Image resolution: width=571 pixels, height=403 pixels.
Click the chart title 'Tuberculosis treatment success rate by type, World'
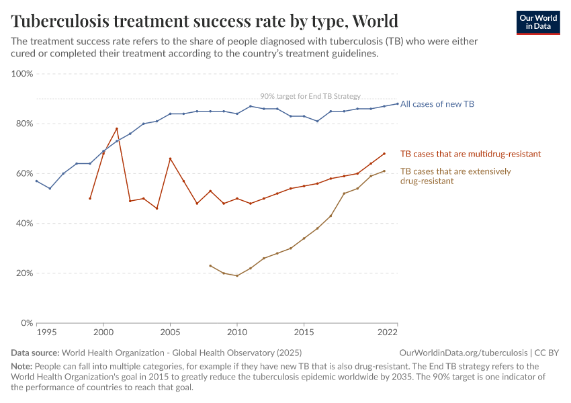[x=204, y=21]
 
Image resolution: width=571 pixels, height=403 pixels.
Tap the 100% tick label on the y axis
[x=22, y=74]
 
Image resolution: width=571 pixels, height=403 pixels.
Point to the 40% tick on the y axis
[x=24, y=224]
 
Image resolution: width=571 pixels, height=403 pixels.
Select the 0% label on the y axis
[x=27, y=323]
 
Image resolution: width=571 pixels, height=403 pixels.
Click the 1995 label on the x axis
[x=46, y=332]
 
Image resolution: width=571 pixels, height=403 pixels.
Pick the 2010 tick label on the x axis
[x=237, y=332]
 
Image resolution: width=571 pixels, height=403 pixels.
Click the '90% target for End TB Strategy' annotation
[x=310, y=96]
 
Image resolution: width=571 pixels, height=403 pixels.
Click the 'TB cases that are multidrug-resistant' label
[x=470, y=154]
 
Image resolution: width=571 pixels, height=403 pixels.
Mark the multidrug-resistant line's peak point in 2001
[x=117, y=129]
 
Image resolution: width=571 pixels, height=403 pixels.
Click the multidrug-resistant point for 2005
[x=170, y=159]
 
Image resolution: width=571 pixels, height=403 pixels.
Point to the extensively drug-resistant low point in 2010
[x=237, y=275]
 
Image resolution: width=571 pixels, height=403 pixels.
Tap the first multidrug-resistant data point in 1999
[x=90, y=198]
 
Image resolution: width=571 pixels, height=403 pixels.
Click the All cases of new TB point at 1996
[x=50, y=188]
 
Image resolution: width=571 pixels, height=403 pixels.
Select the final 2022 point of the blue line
[x=397, y=103]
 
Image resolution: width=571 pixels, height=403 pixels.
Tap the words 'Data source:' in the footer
[x=35, y=353]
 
